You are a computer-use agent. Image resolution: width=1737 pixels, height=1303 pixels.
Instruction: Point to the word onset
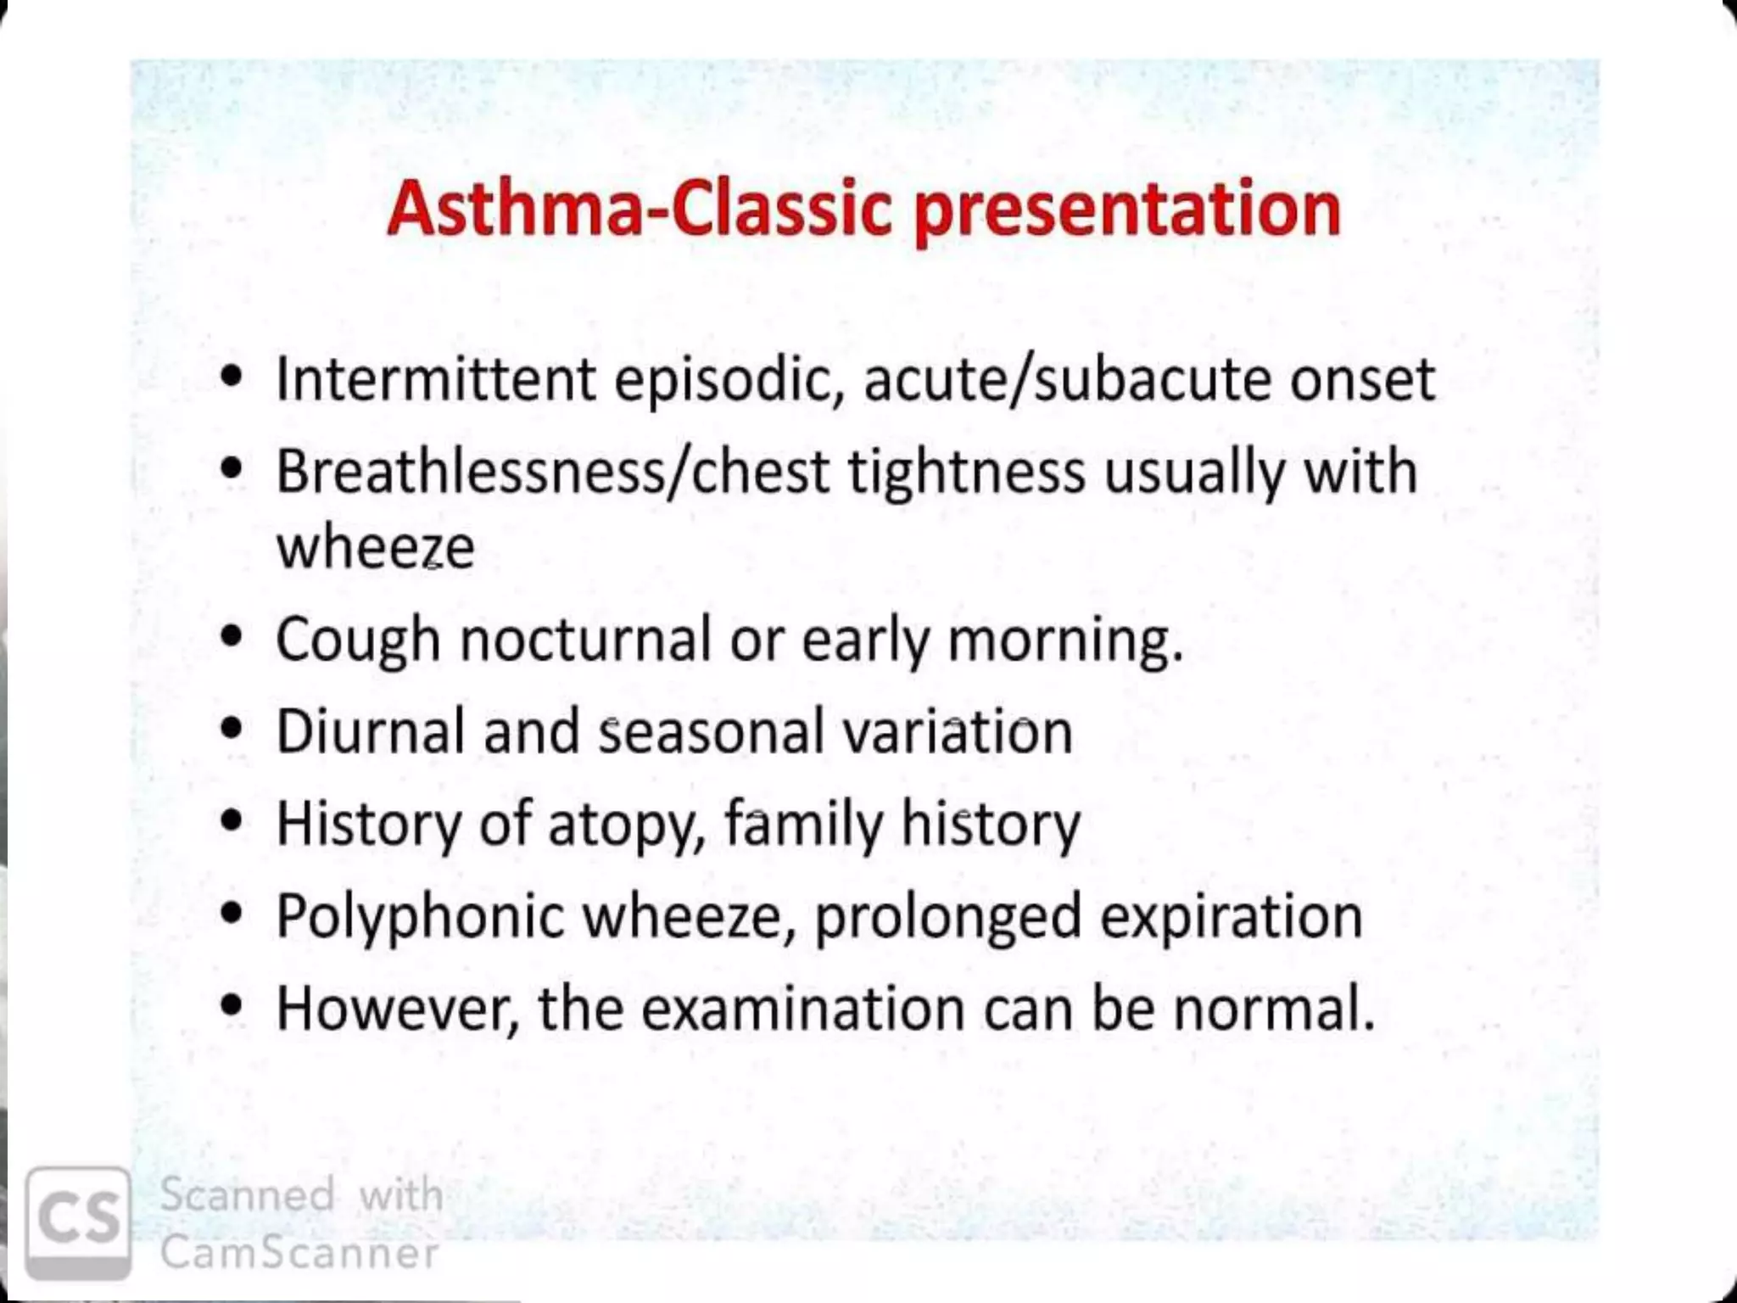click(x=1362, y=379)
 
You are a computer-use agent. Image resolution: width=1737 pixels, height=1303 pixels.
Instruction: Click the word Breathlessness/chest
click(x=552, y=472)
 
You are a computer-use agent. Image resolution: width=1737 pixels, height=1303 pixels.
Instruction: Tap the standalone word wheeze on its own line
click(x=375, y=547)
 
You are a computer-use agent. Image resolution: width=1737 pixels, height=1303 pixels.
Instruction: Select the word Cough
click(x=357, y=640)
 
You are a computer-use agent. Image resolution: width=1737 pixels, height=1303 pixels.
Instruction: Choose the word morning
click(x=1064, y=640)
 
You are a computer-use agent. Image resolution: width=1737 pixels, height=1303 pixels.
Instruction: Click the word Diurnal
click(x=370, y=731)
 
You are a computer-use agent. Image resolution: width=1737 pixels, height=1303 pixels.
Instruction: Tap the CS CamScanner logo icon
click(x=78, y=1222)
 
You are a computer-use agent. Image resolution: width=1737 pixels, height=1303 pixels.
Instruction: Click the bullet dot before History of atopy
click(x=231, y=820)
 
